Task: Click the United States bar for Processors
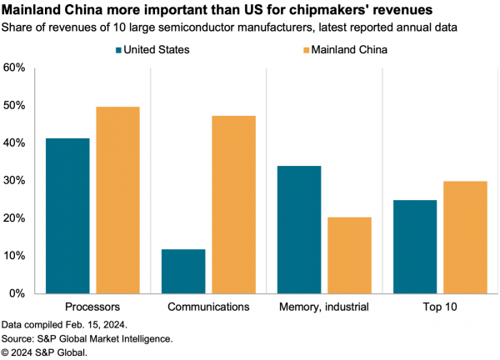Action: (x=67, y=216)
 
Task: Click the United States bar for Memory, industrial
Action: (x=299, y=229)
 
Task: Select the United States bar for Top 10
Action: (x=415, y=247)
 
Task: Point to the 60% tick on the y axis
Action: (x=16, y=67)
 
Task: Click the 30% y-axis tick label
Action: (x=16, y=181)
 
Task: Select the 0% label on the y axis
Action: (x=19, y=293)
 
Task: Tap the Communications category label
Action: (x=208, y=307)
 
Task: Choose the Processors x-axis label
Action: (x=92, y=307)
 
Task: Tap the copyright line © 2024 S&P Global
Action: (x=44, y=352)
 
